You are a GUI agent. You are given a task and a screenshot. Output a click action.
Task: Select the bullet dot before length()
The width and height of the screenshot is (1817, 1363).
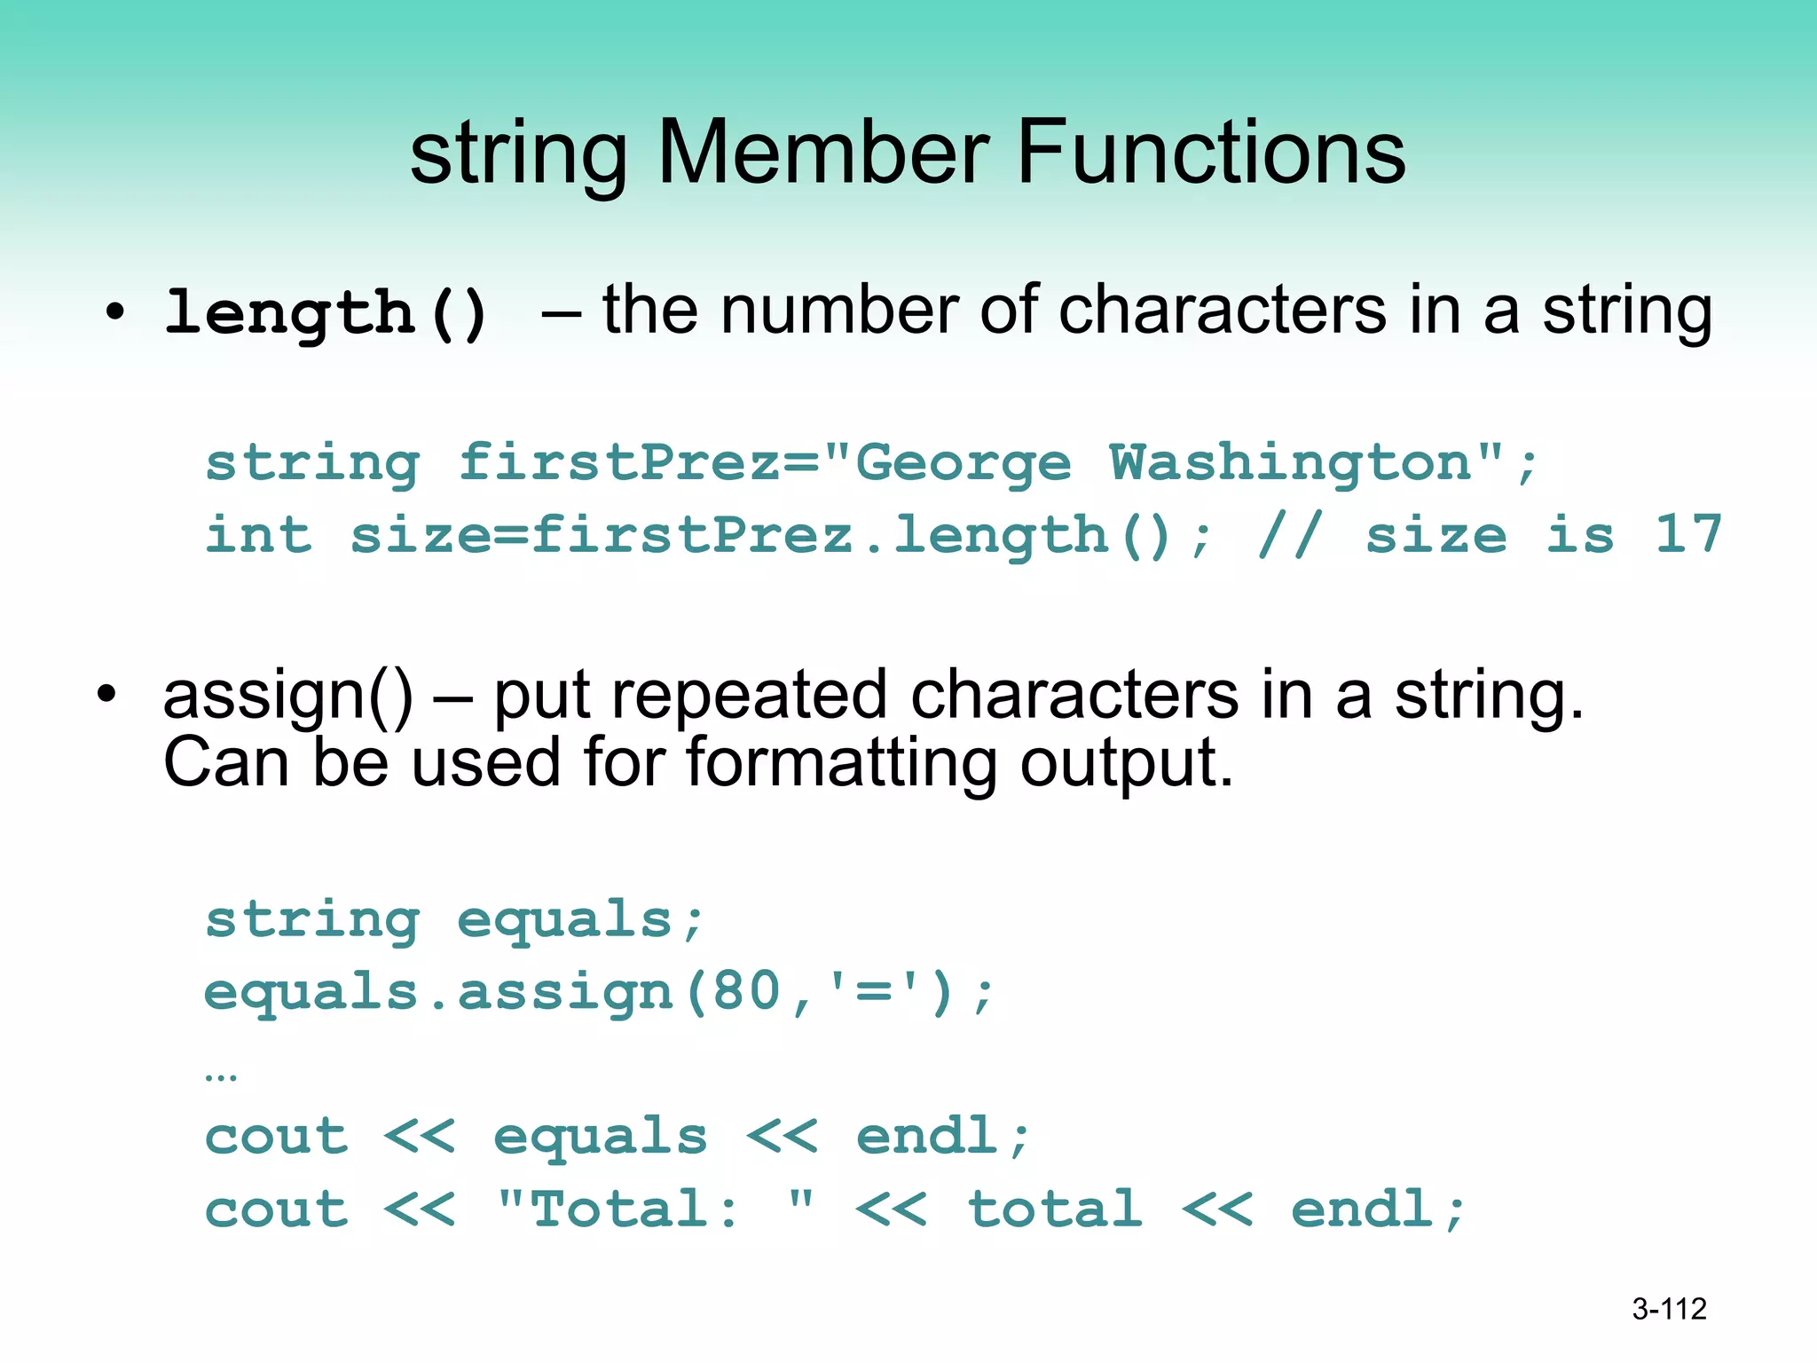pos(114,312)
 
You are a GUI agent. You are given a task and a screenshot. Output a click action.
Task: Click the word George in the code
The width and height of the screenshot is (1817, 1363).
pos(963,464)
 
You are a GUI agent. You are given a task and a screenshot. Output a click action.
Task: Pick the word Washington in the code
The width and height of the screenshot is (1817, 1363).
pos(1292,462)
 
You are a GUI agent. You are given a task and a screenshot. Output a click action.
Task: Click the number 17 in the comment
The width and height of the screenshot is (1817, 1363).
pos(1688,534)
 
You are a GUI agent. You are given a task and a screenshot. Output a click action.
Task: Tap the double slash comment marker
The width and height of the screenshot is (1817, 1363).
pos(1291,534)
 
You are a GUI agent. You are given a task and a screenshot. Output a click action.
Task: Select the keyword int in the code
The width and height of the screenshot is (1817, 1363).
pos(258,535)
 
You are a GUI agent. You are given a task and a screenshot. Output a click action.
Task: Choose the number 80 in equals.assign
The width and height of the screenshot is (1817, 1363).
pos(746,991)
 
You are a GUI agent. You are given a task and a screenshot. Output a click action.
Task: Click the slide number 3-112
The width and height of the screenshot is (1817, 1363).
pos(1669,1309)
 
